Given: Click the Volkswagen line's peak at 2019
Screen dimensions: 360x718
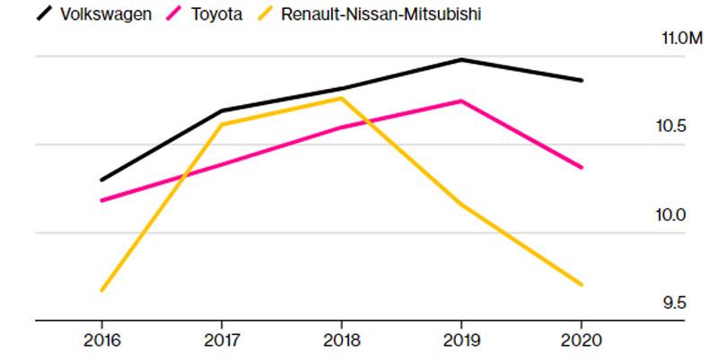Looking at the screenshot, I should (x=461, y=60).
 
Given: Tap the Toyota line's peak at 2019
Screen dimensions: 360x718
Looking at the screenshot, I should (x=461, y=101).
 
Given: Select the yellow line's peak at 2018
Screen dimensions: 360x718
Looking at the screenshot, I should (x=341, y=98).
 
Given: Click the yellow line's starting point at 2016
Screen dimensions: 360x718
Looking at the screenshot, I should (x=101, y=290).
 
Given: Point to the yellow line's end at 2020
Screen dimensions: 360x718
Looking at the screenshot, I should (x=581, y=285).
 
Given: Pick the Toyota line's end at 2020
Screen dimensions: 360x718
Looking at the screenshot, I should (x=581, y=167).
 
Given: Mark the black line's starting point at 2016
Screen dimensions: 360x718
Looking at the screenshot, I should (x=101, y=180).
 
